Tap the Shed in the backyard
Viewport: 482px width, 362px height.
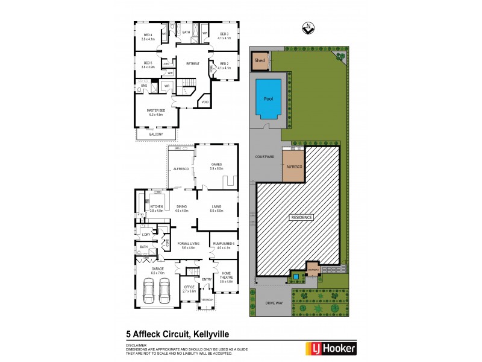[260, 61]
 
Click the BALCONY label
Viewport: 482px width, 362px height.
[156, 134]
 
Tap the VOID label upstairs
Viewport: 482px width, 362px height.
[205, 103]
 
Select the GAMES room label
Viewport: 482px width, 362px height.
[217, 166]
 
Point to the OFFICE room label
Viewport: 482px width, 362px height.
[189, 288]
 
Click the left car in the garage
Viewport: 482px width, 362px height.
[149, 293]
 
